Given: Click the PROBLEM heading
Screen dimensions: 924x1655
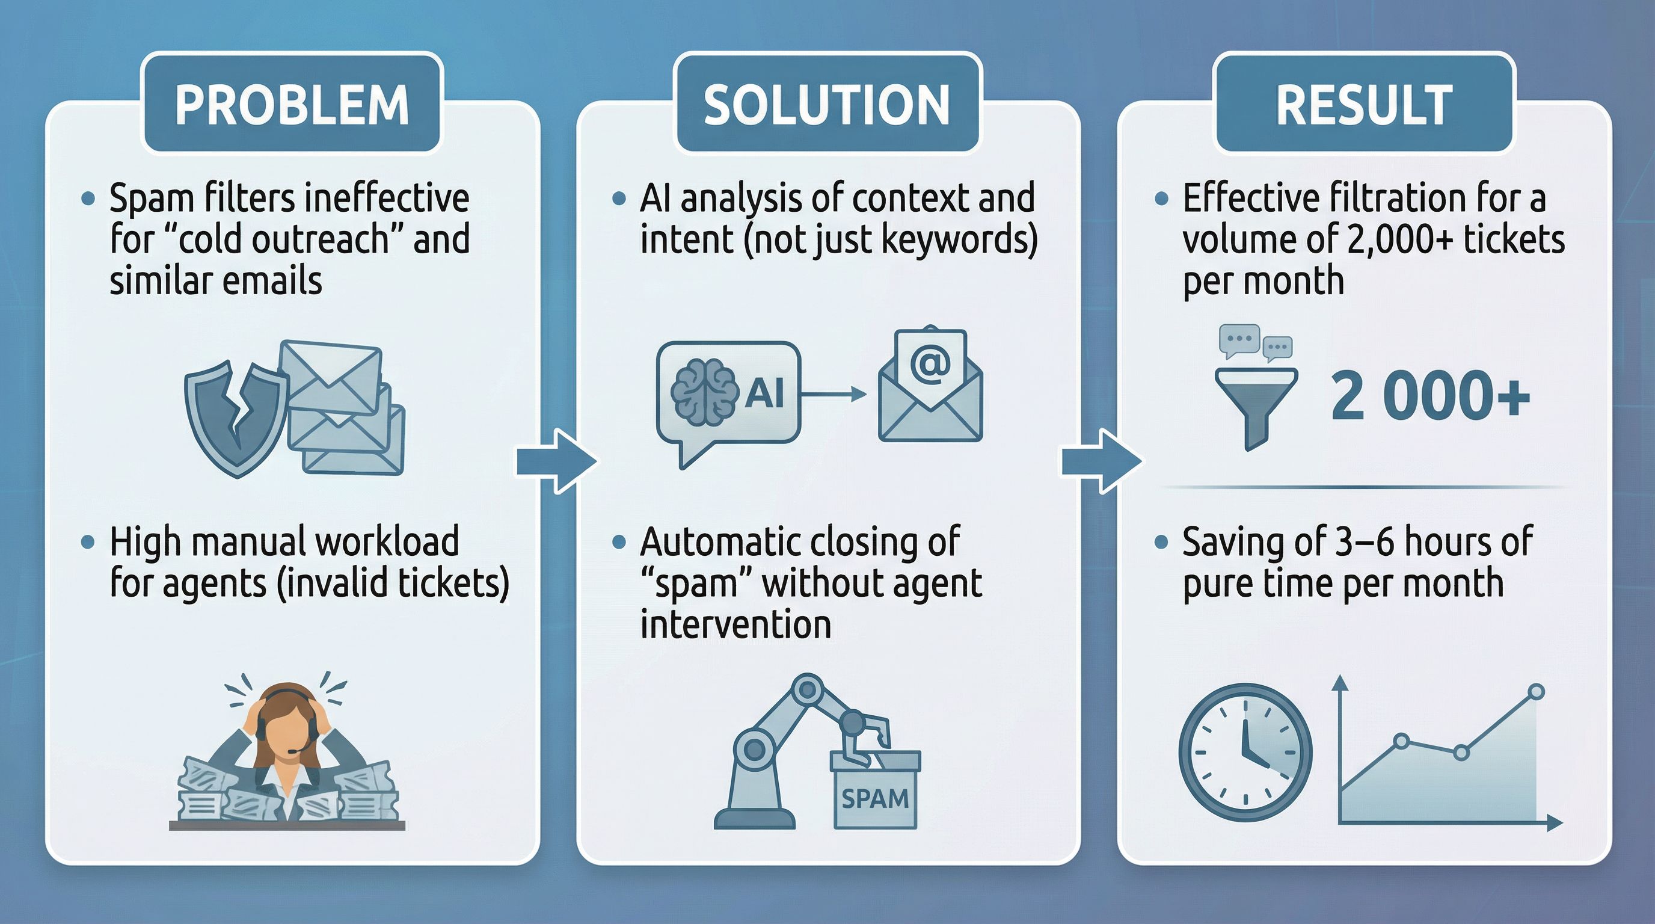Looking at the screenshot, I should coord(292,104).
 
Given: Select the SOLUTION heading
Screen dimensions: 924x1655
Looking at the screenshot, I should coord(827,104).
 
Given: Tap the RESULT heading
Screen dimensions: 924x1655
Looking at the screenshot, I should coord(1364,104).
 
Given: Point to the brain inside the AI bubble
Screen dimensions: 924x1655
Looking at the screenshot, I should coord(704,392).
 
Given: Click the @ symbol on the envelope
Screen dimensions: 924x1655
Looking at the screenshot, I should coord(930,366).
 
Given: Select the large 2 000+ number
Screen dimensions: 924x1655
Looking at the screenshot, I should coord(1430,396).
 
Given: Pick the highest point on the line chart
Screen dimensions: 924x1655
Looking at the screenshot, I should coord(1536,692).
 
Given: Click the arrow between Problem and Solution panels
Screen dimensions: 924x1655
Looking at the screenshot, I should coord(556,461).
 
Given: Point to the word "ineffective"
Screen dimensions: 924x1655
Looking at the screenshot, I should coord(386,198).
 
